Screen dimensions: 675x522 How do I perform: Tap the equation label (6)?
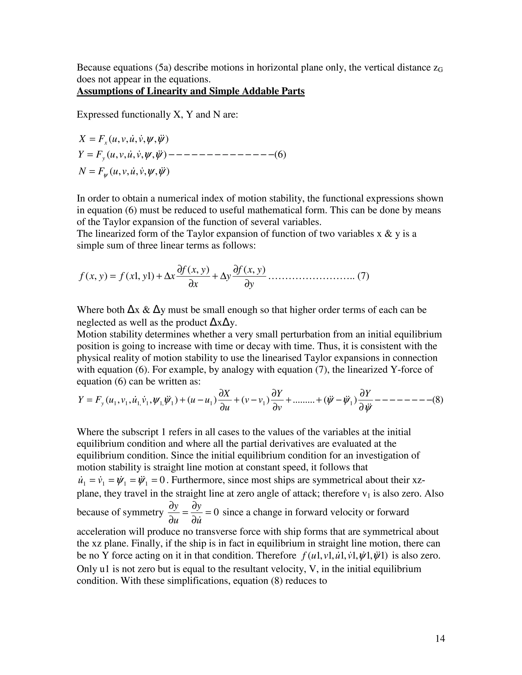tap(280, 155)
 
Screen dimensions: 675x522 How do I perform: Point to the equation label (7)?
tap(363, 276)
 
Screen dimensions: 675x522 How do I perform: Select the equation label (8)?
tap(438, 400)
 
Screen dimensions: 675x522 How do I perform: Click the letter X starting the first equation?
tap(82, 139)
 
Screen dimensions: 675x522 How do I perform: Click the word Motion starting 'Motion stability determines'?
tap(91, 334)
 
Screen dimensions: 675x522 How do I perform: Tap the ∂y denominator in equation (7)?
tap(249, 284)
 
